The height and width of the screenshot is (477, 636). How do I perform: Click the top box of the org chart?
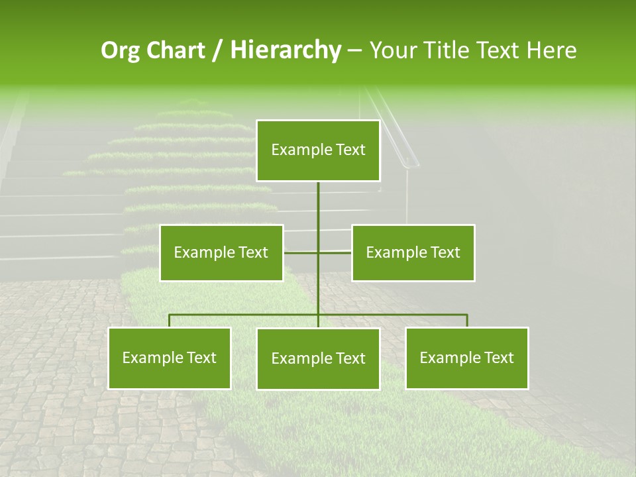318,150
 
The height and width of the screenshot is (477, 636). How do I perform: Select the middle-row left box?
221,252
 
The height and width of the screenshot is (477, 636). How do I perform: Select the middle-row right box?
413,252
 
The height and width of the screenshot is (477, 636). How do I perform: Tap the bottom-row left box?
169,358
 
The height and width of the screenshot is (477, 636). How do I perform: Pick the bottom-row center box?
318,358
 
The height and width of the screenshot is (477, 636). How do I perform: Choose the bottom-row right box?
466,358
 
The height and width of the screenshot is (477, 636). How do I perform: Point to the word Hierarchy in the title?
285,50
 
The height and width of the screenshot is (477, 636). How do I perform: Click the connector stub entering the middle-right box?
337,252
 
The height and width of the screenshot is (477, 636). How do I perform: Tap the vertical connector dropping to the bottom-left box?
169,321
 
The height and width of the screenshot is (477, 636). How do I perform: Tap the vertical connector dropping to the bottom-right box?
466,321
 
